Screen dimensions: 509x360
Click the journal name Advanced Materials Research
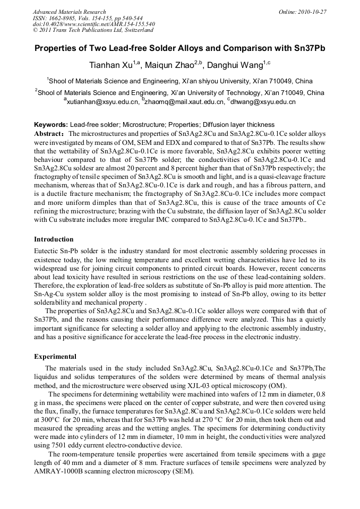[x=69, y=12]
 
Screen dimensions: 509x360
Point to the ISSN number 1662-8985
[x=65, y=18]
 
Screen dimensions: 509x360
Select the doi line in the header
[x=93, y=24]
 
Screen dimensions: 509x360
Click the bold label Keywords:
[x=51, y=124]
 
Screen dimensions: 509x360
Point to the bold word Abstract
[x=48, y=134]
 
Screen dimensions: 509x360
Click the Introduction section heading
[x=54, y=239]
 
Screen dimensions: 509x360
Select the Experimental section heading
[x=55, y=356]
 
